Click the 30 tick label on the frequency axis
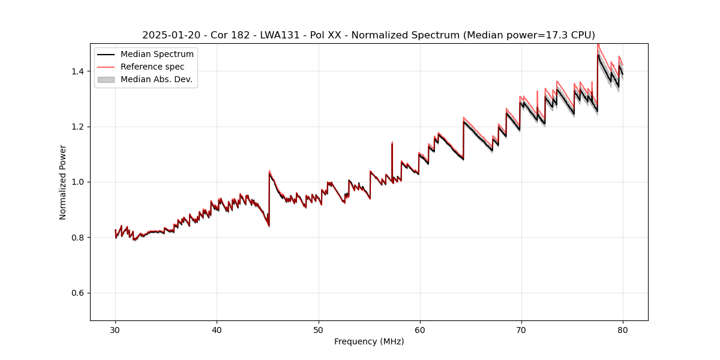coord(115,329)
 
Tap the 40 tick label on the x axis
coord(217,329)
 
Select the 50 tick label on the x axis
coord(319,329)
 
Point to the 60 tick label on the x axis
coord(420,329)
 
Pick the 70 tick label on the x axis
coord(521,329)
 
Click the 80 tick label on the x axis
coord(623,329)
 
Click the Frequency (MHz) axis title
coord(369,341)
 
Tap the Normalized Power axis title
coord(63,182)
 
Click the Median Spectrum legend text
coord(157,55)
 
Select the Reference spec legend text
coord(152,67)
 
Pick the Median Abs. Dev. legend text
coord(156,79)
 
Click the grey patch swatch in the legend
coord(106,79)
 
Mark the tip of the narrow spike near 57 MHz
coord(392,143)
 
